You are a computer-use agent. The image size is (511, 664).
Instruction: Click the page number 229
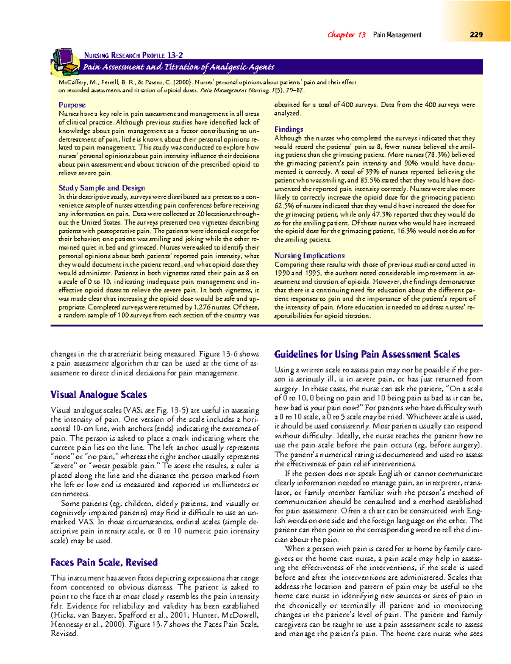(x=476, y=35)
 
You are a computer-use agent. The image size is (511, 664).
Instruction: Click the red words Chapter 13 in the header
(x=346, y=35)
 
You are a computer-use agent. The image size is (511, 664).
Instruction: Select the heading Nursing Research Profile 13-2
(x=133, y=55)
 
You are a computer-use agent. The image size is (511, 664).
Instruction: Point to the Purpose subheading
(x=72, y=105)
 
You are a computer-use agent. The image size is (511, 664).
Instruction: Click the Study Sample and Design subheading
(x=102, y=188)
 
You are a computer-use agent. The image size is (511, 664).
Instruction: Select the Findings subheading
(x=289, y=130)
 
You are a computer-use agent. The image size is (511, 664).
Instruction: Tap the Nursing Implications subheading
(x=310, y=256)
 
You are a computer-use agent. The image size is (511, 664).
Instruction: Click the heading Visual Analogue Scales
(x=99, y=395)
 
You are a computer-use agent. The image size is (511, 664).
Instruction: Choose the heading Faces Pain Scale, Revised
(x=104, y=563)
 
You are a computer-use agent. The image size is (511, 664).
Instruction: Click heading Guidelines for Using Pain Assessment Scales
(x=367, y=355)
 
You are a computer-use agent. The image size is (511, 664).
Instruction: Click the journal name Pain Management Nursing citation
(x=235, y=90)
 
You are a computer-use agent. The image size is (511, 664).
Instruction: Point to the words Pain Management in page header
(x=397, y=35)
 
